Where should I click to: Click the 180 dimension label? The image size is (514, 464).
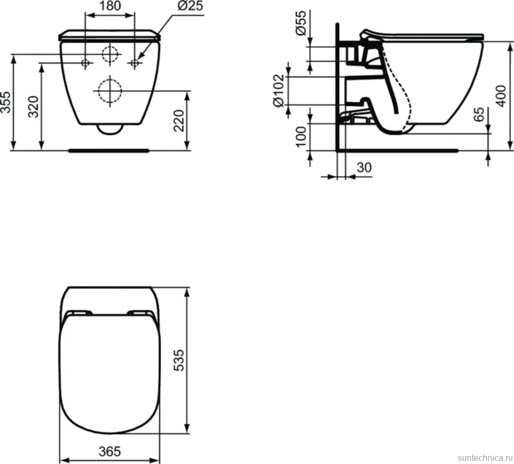pos(110,6)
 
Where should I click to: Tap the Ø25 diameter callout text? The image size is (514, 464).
pos(190,6)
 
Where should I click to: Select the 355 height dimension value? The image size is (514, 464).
pos(6,103)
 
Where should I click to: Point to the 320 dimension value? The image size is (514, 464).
pos(33,106)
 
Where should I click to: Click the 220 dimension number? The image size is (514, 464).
pos(179,121)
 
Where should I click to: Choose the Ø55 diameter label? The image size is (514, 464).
pos(300,23)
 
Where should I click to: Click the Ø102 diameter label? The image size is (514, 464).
pos(278,91)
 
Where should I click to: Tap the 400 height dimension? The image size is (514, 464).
pos(501,96)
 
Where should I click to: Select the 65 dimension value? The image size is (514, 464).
pos(479,114)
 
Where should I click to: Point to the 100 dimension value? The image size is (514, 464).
pos(300,137)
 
